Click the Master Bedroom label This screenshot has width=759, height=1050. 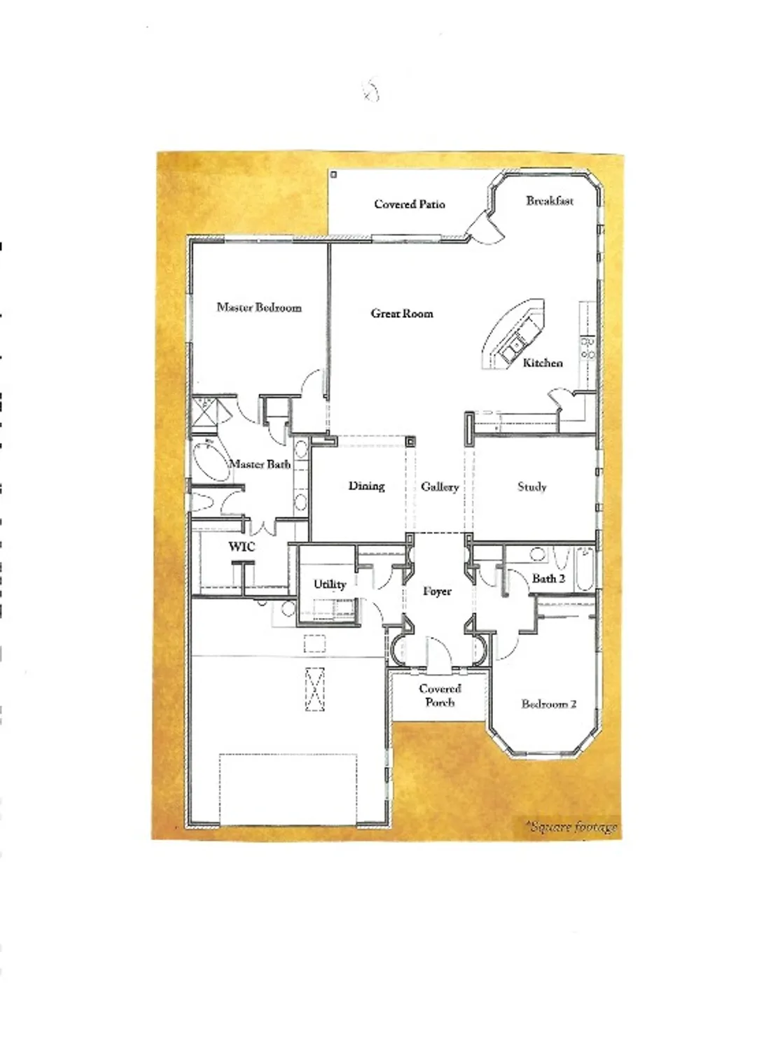click(x=259, y=307)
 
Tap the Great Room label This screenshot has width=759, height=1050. click(x=402, y=314)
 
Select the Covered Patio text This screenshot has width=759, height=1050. click(x=410, y=204)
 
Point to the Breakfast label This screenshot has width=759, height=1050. click(x=550, y=201)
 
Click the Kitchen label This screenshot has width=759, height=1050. click(x=543, y=363)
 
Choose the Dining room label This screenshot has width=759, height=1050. click(x=366, y=486)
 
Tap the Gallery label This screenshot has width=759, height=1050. click(x=440, y=486)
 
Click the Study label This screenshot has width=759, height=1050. click(x=531, y=486)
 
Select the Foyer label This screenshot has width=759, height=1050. click(x=437, y=591)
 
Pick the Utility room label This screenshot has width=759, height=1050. click(x=330, y=584)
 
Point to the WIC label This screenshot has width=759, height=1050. click(x=242, y=547)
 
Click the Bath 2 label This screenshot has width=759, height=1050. click(x=548, y=578)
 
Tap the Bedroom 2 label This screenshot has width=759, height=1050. click(x=549, y=703)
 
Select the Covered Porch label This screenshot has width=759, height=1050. click(x=440, y=695)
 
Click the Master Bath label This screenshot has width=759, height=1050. click(x=260, y=464)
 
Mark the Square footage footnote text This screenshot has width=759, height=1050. click(x=573, y=827)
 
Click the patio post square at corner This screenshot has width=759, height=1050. click(x=334, y=174)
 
